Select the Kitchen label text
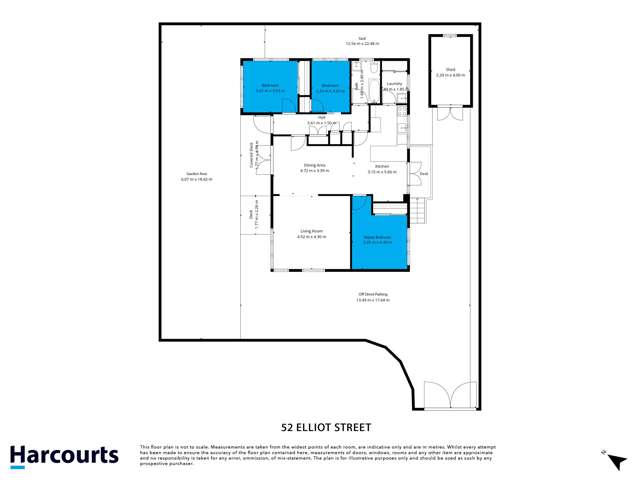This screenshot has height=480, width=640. (x=382, y=169)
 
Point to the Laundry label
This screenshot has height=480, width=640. (x=394, y=86)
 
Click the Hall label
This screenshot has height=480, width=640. (x=323, y=119)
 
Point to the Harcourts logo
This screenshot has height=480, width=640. (x=64, y=456)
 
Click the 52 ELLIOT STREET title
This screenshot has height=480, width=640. (x=319, y=423)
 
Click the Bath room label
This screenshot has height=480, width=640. (x=357, y=87)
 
